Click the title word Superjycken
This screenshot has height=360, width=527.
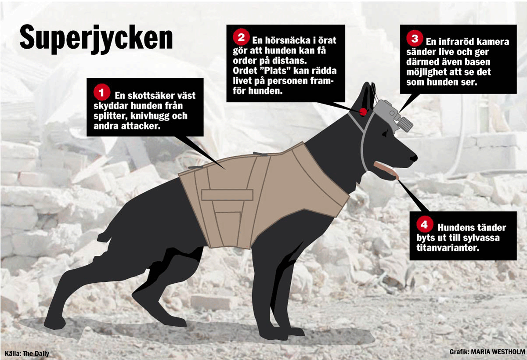96,39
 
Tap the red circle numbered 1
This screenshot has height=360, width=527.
101,92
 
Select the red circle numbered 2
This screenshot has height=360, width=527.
241,37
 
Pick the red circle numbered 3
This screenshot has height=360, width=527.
415,38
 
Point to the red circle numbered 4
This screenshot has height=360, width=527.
425,224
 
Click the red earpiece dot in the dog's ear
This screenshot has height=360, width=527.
364,112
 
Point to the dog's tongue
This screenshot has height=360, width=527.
386,170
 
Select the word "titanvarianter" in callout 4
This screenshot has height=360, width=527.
448,248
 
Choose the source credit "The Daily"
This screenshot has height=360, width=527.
36,353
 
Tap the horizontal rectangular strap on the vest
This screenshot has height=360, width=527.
227,195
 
